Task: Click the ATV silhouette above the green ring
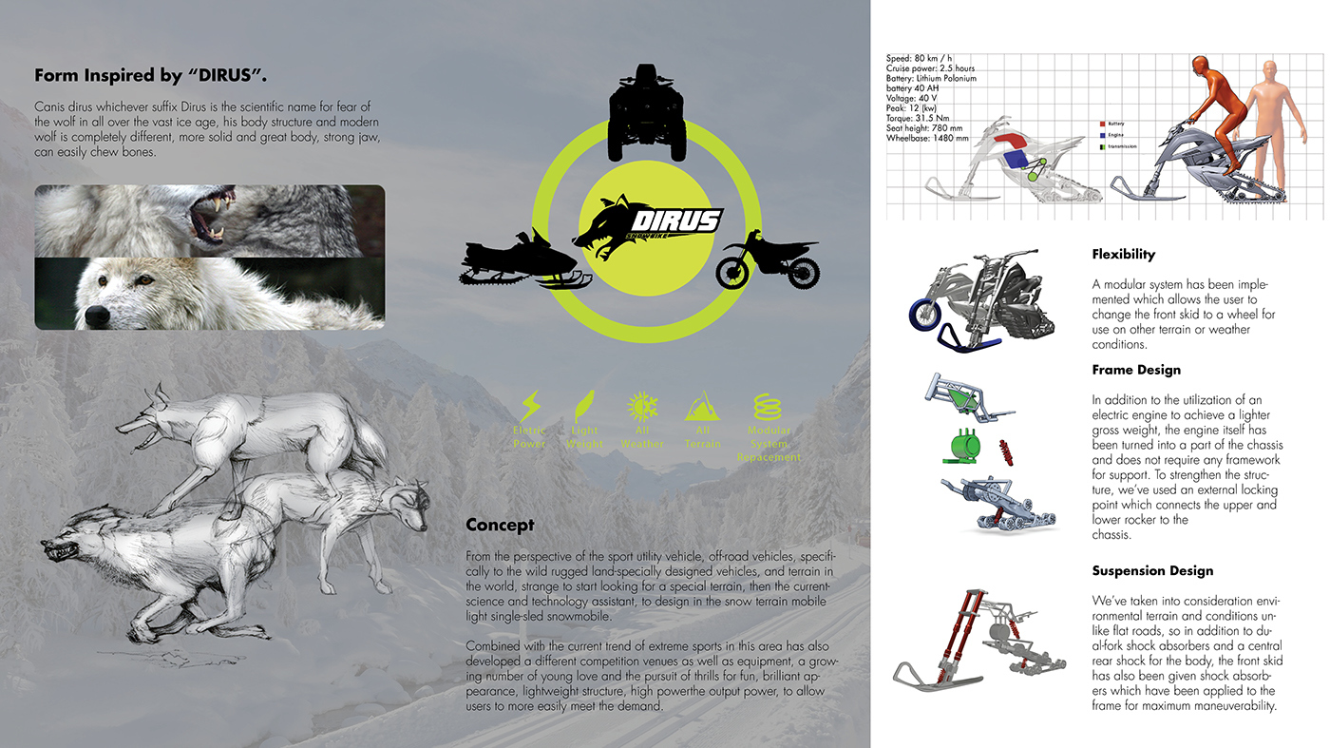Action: pyautogui.click(x=646, y=113)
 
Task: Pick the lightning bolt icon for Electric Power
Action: pyautogui.click(x=529, y=406)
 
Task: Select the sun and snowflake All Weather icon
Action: pyautogui.click(x=642, y=406)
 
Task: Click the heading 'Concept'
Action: pyautogui.click(x=500, y=525)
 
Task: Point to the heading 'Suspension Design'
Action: pyautogui.click(x=1152, y=571)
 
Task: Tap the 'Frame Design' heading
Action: pyautogui.click(x=1136, y=370)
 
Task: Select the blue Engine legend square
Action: pyautogui.click(x=1101, y=136)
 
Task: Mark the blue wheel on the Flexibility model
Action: pyautogui.click(x=924, y=313)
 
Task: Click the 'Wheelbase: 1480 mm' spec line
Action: pyautogui.click(x=928, y=138)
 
